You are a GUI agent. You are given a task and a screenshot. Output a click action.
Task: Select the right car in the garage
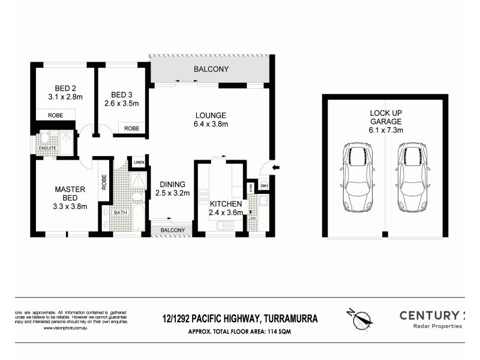(x=412, y=177)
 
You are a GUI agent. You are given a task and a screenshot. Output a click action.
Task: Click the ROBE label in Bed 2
(x=55, y=115)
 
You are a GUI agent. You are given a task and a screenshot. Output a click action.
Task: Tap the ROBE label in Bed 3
(x=132, y=128)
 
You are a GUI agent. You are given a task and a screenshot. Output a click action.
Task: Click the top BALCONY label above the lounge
(x=211, y=70)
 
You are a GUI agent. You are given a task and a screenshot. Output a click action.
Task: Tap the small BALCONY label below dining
(x=172, y=230)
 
